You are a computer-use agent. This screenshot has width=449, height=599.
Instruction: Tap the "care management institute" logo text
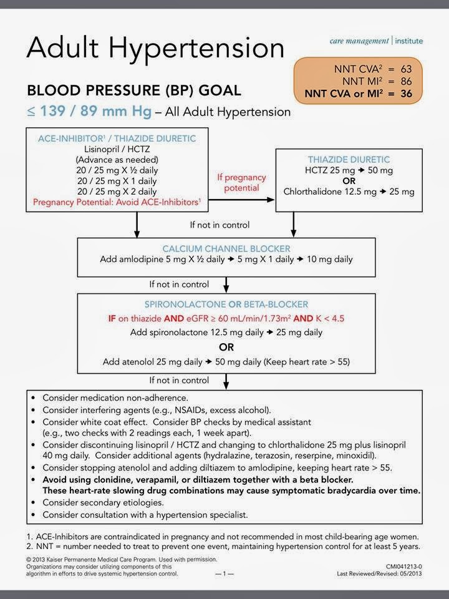point(376,41)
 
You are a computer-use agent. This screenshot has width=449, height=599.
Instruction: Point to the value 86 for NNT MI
point(407,82)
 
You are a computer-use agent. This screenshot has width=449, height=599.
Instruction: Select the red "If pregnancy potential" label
point(241,182)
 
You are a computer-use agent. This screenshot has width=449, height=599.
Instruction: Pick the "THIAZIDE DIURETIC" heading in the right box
point(349,160)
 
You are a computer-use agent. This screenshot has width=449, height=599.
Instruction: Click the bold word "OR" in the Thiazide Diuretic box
point(349,181)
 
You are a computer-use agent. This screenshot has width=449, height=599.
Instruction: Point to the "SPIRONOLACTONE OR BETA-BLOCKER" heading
point(225,304)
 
